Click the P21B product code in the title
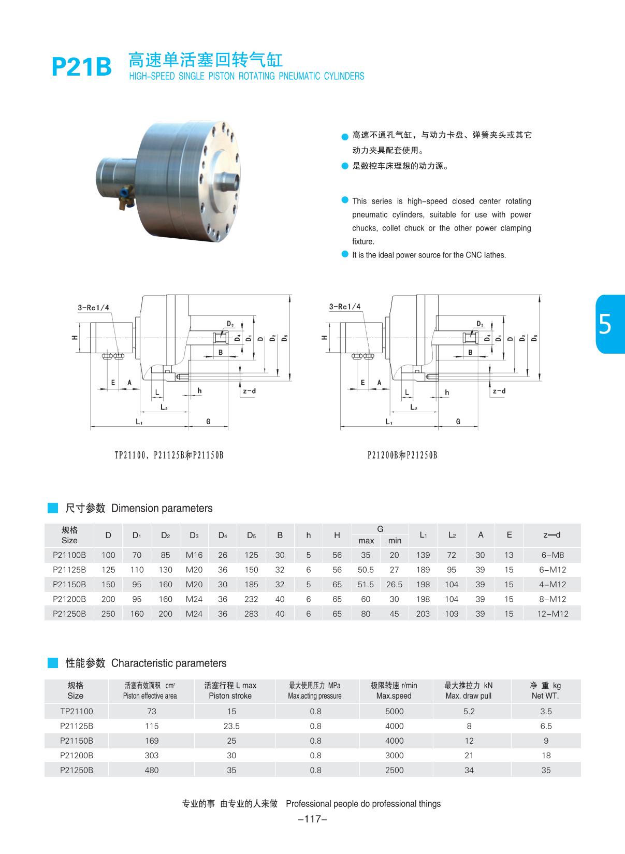82,66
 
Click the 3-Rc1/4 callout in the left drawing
94,308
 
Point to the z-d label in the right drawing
499,391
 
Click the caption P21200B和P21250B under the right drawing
402,455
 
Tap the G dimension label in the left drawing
208,422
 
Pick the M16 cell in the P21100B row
194,555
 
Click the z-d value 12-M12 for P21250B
553,614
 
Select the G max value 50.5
366,570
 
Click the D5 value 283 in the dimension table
251,614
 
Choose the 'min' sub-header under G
395,541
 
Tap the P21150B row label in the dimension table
69,584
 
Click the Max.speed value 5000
394,712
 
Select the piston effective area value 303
152,756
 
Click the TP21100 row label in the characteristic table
76,712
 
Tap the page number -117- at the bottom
312,819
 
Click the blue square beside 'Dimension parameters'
53,508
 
